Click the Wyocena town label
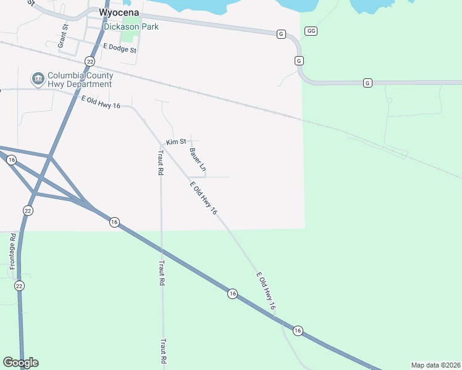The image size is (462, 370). coord(119,13)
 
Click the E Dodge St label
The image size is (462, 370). coord(119,47)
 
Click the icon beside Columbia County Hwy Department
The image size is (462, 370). coord(38,78)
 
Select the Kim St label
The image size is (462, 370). coord(176,142)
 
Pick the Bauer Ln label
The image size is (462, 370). coord(198,159)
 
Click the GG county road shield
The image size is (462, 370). coord(311,31)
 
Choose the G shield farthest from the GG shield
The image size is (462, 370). coord(367,83)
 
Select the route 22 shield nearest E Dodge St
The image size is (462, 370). coord(90,61)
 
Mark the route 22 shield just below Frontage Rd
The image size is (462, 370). coord(20,286)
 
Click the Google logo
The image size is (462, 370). coord(20,363)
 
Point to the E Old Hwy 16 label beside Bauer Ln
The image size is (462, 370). coord(203,199)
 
